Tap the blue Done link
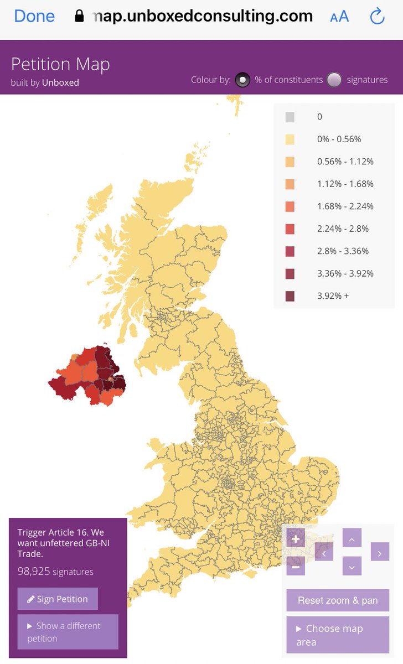(x=34, y=17)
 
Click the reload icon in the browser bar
(x=377, y=17)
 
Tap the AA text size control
(x=339, y=17)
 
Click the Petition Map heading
(x=60, y=64)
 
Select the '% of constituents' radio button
(x=242, y=80)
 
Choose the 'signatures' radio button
(x=334, y=80)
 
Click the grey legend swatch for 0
(x=290, y=117)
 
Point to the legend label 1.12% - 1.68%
(x=345, y=184)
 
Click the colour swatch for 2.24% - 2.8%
(x=290, y=229)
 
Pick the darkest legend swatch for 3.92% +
(x=290, y=296)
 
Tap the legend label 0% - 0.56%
(x=339, y=139)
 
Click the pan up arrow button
(x=352, y=538)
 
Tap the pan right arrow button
(x=380, y=552)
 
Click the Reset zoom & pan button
(x=338, y=600)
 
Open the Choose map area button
(x=338, y=635)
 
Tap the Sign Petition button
(x=58, y=599)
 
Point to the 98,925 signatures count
(x=55, y=572)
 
